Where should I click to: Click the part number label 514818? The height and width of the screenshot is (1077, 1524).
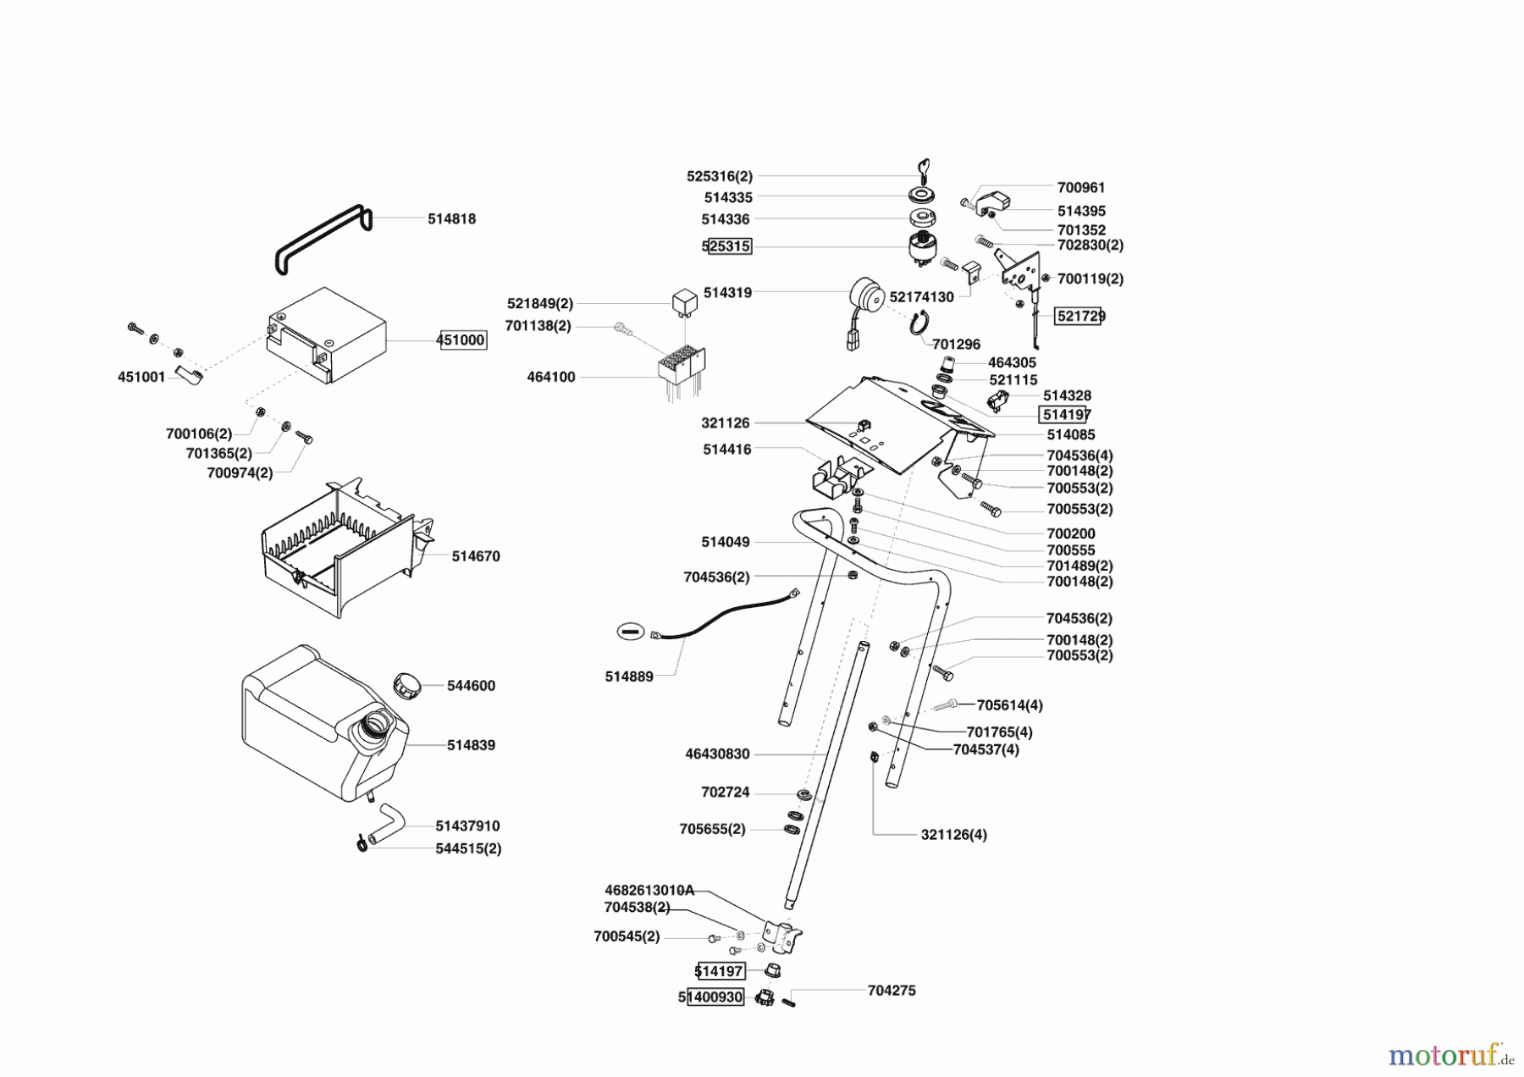451,218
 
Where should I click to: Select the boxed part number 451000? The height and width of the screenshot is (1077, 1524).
462,340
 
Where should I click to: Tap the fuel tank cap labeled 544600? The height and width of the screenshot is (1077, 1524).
407,684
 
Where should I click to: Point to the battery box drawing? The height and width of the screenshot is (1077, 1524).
327,336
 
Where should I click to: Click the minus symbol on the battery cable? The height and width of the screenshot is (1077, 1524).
630,631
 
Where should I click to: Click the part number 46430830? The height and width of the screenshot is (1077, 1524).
717,754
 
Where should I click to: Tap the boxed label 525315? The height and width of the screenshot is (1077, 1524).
727,246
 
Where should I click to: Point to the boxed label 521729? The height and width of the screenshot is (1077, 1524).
1079,316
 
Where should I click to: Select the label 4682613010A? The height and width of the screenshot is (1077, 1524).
649,890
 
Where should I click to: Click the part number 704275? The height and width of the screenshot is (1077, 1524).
892,990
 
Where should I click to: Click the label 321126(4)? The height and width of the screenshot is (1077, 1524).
953,834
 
